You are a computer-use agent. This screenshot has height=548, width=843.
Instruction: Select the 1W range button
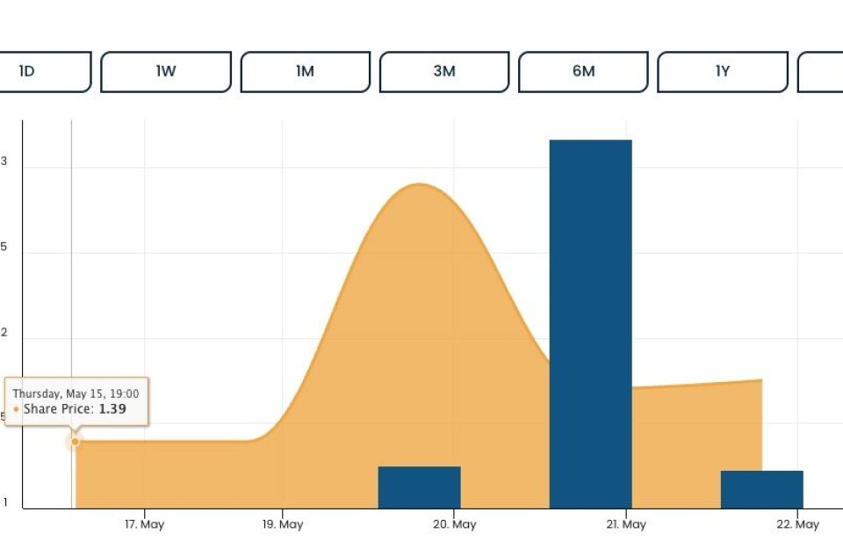coord(166,72)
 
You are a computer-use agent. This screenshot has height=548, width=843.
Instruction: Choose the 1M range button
coord(305,72)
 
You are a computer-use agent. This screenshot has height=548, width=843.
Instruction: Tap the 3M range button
coord(444,72)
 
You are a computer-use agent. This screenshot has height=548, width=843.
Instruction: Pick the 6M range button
coord(583,72)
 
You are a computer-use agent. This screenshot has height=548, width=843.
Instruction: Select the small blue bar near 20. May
coord(419,487)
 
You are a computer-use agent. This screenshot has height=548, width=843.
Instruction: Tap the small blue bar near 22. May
coord(761,489)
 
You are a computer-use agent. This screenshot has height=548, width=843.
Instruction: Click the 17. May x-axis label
coord(144,524)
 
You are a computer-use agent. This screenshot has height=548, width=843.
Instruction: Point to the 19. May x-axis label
coord(283,524)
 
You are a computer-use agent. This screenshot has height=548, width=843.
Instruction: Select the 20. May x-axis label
coord(454,524)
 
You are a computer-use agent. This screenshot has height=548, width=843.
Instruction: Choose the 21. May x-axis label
coord(625,524)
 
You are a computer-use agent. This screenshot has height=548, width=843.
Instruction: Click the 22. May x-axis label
coord(798,524)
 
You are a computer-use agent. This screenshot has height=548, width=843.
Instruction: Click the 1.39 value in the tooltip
coord(112,409)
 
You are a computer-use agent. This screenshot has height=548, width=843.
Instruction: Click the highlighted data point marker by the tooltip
coord(75,441)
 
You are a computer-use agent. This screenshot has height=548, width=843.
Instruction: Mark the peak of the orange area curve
coord(420,184)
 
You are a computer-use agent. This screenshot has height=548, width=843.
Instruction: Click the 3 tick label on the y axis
coord(4,162)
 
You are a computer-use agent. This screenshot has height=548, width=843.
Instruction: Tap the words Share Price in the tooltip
coord(58,409)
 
